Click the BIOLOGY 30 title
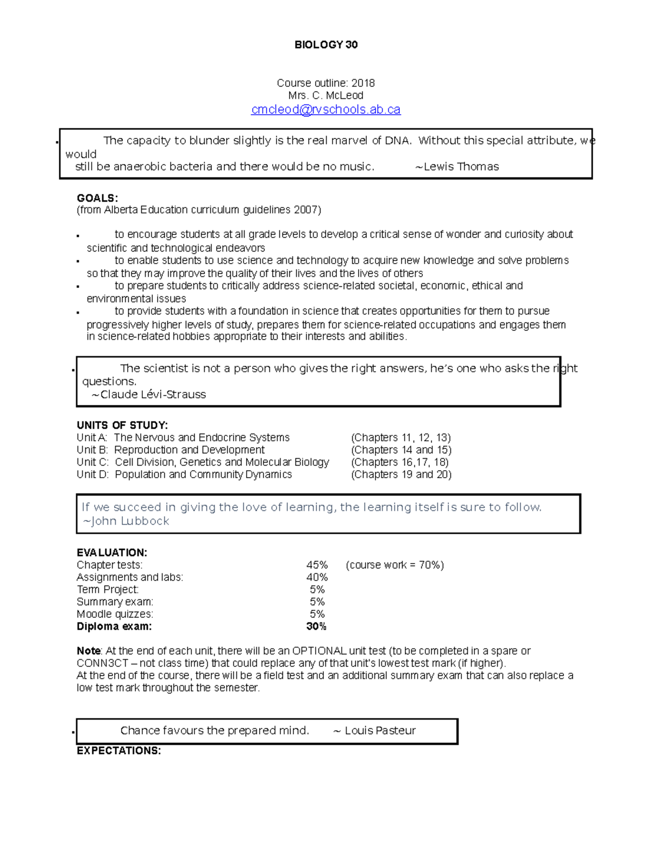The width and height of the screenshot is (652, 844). point(325,45)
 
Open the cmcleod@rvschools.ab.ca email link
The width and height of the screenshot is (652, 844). point(325,109)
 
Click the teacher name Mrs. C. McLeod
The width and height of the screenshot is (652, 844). point(325,96)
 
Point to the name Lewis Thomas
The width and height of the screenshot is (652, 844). point(460,167)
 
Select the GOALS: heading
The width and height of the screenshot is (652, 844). point(97,198)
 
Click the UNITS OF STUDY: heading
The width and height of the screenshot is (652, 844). point(122,425)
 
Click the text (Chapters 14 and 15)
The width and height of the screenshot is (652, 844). point(401,450)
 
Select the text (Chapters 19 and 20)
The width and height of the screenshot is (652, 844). point(401,474)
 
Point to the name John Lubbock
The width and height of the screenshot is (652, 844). point(130,521)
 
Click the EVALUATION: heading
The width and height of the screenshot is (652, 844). point(112,553)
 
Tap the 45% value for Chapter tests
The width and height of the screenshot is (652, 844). point(317,565)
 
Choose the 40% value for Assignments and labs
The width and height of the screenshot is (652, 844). point(317,577)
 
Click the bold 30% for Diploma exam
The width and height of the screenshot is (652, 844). point(316,627)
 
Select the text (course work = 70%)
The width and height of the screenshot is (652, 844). point(394,565)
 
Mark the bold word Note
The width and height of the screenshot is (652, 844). point(89,651)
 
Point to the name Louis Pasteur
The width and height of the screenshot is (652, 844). point(380,731)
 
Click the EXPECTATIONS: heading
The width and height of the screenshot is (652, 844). point(118,751)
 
